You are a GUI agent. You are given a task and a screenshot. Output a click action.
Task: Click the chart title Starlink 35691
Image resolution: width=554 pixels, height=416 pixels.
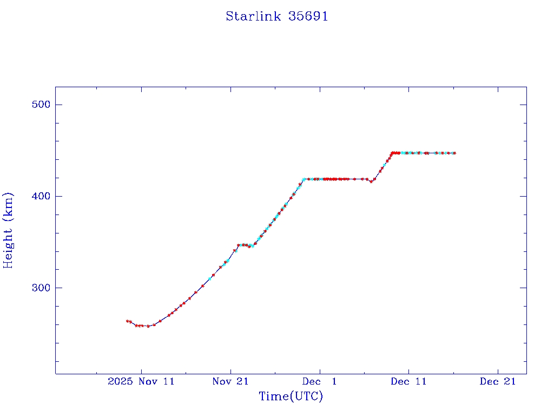point(276,16)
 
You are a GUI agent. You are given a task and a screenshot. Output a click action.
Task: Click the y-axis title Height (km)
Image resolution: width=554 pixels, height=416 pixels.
point(9,230)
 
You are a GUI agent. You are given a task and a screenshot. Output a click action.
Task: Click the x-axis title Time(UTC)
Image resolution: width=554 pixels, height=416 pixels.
point(291,396)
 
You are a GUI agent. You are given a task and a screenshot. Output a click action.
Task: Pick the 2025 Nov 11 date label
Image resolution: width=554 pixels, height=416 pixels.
point(141,381)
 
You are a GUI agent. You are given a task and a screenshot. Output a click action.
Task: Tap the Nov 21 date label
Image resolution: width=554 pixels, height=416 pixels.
point(230,381)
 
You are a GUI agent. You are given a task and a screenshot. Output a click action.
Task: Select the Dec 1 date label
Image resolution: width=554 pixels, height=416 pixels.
point(320,381)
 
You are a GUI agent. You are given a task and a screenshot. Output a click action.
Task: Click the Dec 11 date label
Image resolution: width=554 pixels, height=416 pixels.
point(408,381)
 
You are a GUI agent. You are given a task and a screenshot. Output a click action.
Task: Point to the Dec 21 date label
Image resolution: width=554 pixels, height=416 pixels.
point(498,381)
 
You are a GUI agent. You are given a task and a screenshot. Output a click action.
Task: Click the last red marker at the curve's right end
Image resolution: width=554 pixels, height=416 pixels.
point(454,153)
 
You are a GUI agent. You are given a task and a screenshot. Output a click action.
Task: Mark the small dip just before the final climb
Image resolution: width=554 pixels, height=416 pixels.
point(371,181)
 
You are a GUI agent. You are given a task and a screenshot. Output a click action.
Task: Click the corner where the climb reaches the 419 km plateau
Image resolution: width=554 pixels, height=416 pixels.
point(304,179)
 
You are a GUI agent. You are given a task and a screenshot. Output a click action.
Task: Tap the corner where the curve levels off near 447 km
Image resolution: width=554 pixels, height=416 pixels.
point(392,153)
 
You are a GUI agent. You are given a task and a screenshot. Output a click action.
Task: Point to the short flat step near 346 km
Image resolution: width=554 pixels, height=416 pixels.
point(245,245)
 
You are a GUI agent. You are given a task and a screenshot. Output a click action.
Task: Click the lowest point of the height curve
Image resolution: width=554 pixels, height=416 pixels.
point(148,326)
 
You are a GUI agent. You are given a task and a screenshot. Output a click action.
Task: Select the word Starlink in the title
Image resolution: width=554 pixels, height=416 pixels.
point(253,16)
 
